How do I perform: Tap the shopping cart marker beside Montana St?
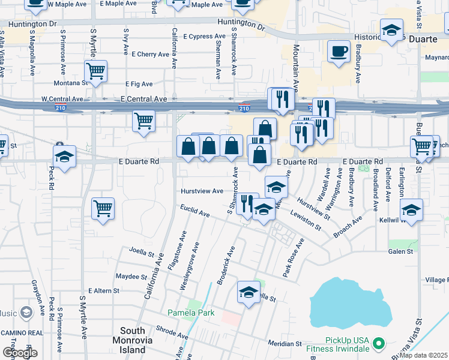pos(96,71)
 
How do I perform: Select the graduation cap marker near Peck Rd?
pos(64,157)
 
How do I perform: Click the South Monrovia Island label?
pos(133,340)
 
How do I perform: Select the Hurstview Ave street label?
pos(202,191)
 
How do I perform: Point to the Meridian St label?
pos(285,344)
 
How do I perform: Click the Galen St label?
pos(400,251)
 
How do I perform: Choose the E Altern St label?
pos(104,290)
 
